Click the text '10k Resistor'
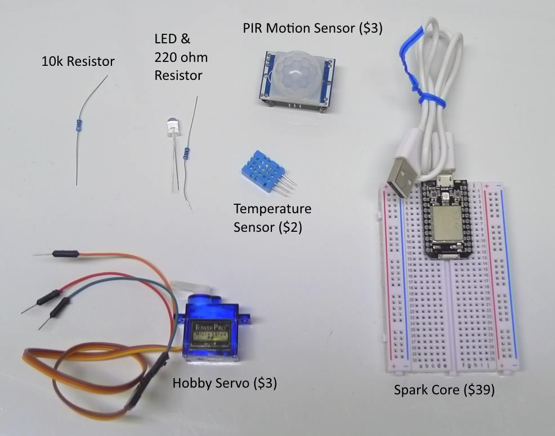78,61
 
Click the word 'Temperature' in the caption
272,209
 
